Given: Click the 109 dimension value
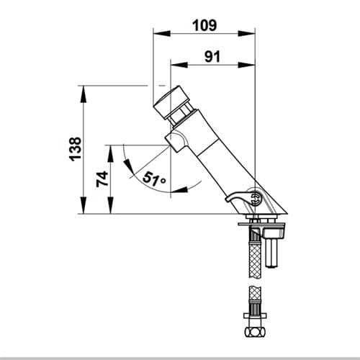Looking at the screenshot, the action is point(204,25).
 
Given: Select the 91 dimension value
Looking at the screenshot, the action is point(212,57).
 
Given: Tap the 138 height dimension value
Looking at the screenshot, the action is point(75,149).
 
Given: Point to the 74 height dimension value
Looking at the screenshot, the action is point(102,179).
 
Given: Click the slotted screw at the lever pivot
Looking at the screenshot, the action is point(256,198).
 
